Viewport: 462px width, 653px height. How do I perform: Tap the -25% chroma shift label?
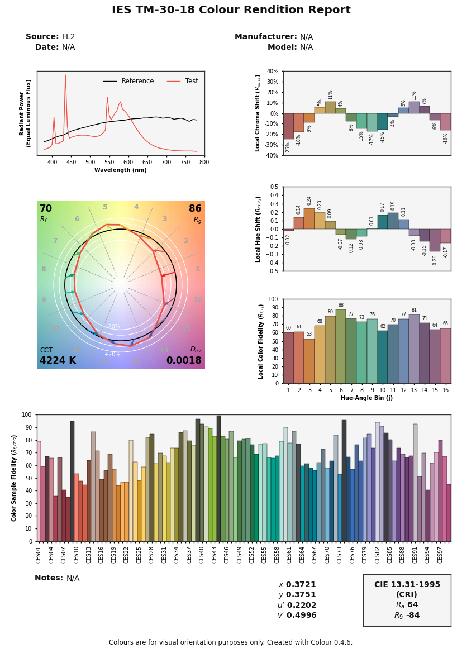coord(288,147)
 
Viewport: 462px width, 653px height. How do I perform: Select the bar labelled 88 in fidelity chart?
coord(341,346)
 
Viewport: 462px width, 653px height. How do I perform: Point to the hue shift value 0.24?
coord(309,201)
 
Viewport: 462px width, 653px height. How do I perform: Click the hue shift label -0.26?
coord(435,260)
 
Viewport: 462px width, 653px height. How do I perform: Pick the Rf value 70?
coord(46,209)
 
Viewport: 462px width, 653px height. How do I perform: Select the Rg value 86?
coord(195,209)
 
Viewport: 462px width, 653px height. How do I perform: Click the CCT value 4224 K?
coord(58,361)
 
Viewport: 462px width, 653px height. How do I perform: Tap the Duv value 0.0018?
coord(184,361)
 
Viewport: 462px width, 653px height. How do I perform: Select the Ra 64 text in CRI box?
coord(407,605)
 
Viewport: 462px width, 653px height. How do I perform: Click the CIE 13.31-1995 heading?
coord(407,585)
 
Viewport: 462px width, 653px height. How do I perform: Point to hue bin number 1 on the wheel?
coord(198,269)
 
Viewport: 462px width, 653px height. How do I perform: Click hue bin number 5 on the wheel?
coord(105,208)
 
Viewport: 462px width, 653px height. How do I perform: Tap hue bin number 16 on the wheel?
coord(198,300)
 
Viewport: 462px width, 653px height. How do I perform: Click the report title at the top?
coord(231,10)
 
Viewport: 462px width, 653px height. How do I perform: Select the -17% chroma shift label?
coord(372,139)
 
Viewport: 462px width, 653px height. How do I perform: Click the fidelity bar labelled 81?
coord(414,349)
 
